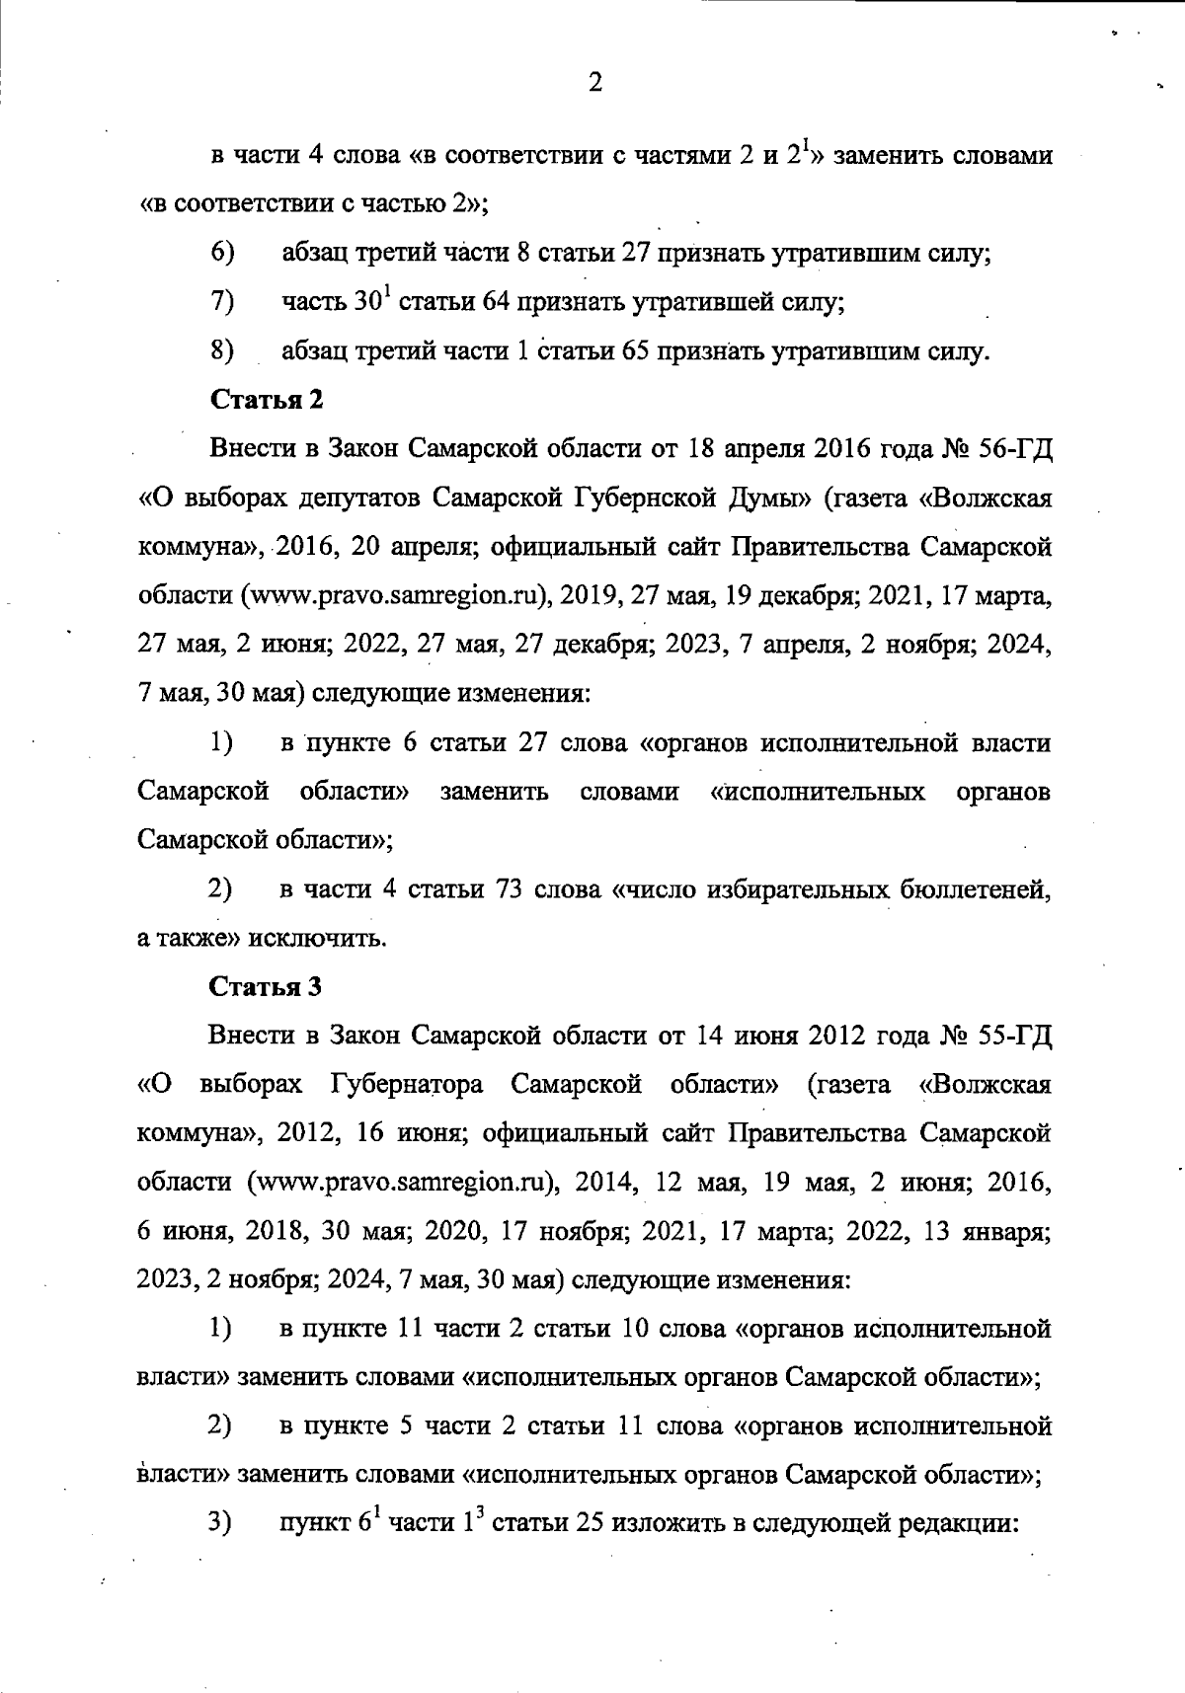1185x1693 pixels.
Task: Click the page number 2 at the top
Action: [594, 83]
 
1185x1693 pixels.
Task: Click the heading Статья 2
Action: [267, 400]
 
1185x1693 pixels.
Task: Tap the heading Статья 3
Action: [267, 986]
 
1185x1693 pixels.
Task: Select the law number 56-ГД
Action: [1017, 449]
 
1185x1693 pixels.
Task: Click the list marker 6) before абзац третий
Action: [222, 253]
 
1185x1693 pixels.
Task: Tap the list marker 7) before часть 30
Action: [222, 302]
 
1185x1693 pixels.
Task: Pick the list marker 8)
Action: [222, 350]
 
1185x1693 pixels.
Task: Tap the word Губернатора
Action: [406, 1085]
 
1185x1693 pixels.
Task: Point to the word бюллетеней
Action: [974, 889]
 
